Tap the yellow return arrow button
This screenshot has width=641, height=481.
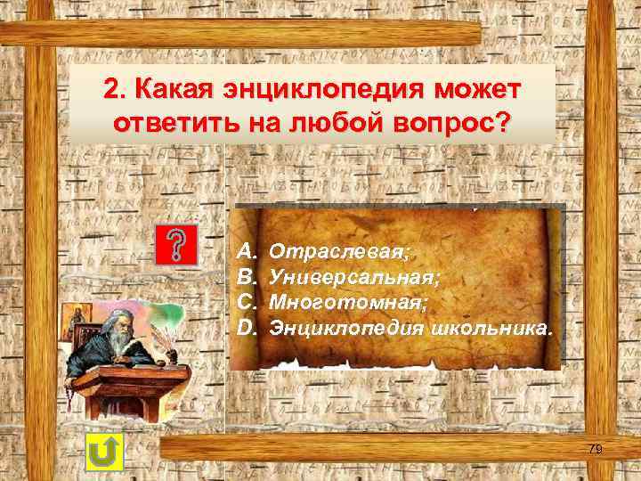105,452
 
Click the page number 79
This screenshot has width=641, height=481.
595,450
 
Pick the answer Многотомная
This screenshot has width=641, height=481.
348,303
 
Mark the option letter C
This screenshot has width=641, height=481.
247,303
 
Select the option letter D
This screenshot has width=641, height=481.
247,328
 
